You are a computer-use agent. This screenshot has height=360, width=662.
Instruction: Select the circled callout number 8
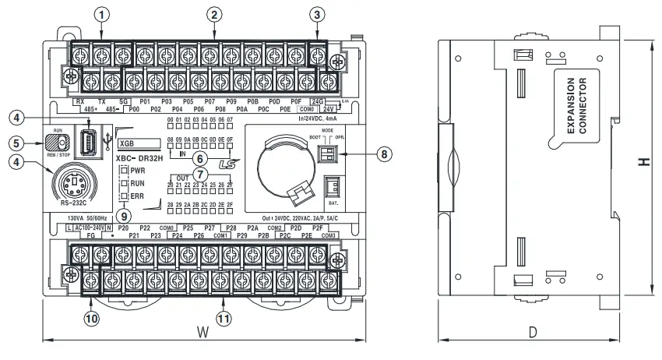point(382,154)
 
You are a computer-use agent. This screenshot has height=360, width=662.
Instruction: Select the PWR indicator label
point(138,170)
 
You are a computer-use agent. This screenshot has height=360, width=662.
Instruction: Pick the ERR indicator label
point(137,196)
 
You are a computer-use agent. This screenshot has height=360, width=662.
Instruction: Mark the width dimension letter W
point(202,332)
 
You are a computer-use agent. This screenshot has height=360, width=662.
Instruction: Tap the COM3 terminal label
point(328,235)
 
